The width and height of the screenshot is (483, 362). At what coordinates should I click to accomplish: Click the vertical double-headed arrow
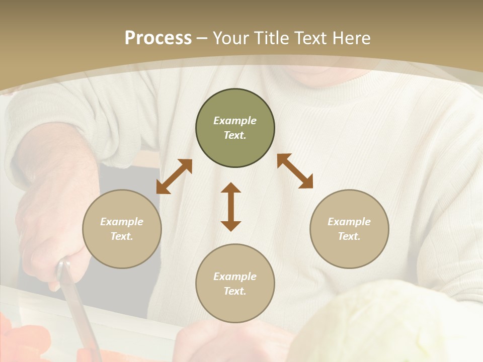click(231, 207)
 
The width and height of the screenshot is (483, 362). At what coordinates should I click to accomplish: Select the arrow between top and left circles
click(174, 176)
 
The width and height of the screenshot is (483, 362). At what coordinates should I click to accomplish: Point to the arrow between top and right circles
click(295, 171)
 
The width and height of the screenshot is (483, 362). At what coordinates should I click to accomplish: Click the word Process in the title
click(158, 38)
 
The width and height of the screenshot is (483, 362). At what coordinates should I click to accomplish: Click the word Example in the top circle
click(235, 121)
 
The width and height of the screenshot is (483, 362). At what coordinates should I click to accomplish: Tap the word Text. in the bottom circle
click(235, 291)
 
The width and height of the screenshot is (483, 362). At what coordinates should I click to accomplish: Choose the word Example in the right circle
click(349, 222)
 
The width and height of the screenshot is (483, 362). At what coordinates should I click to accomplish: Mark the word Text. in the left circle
click(122, 236)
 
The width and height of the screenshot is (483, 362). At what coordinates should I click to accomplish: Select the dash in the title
click(202, 38)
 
